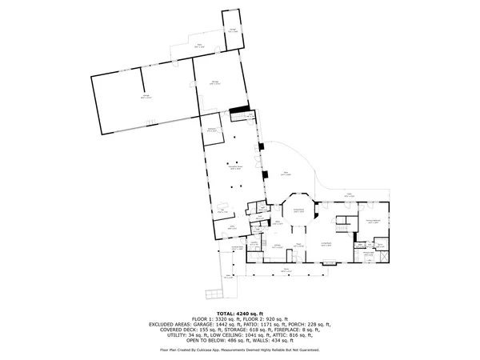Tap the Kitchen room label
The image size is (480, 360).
(276, 246)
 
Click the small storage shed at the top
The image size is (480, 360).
(233, 29)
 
